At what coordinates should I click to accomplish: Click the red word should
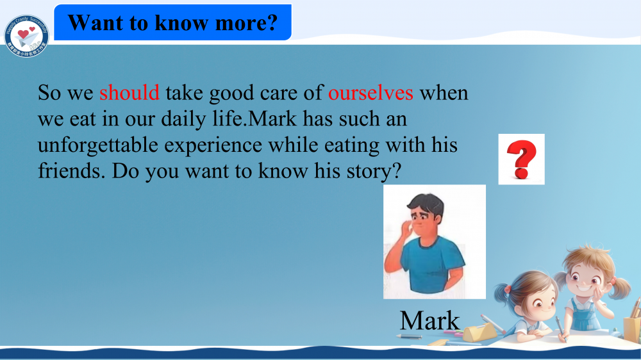tap(129, 93)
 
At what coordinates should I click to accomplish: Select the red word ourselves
tap(370, 93)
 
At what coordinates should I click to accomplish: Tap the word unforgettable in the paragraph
tap(97, 145)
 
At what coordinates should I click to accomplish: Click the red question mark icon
tap(521, 160)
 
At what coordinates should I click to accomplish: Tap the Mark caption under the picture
tap(429, 320)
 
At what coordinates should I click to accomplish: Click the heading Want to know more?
tap(172, 23)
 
